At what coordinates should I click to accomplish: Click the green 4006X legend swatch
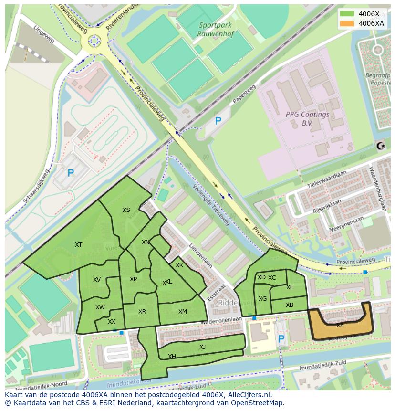click(x=347, y=14)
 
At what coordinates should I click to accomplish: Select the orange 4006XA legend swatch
click(x=347, y=23)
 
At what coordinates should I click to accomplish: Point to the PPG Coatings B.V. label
click(x=307, y=118)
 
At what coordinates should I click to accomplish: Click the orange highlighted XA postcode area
click(x=340, y=325)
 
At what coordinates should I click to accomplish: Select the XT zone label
click(x=79, y=245)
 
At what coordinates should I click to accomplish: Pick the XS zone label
click(x=126, y=210)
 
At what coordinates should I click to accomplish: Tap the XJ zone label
click(x=202, y=347)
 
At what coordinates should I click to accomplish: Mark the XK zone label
click(x=179, y=265)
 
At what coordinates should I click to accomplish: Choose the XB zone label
click(x=290, y=305)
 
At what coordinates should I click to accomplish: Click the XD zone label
click(x=261, y=277)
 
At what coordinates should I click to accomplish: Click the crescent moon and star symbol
click(x=380, y=146)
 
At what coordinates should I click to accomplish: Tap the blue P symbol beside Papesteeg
click(x=218, y=121)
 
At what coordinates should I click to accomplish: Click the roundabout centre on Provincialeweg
click(x=94, y=42)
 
